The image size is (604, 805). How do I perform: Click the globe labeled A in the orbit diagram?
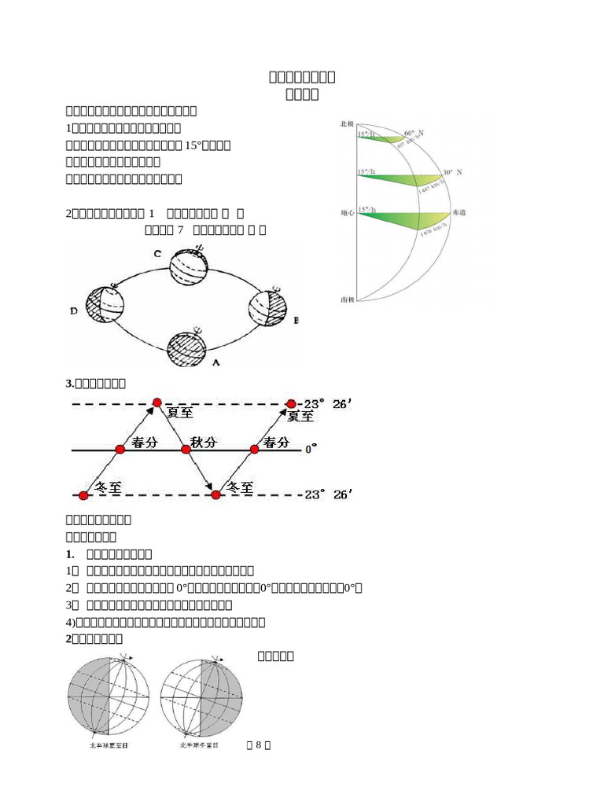tap(186, 346)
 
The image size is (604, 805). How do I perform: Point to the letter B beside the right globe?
tap(296, 321)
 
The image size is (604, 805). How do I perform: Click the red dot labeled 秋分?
tap(186, 449)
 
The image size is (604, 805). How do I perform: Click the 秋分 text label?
tap(204, 443)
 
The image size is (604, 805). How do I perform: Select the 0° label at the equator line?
tap(311, 448)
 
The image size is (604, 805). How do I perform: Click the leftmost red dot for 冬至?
tap(83, 495)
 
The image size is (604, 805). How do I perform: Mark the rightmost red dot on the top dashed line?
tap(292, 402)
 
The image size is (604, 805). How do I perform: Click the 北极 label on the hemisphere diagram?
tap(347, 124)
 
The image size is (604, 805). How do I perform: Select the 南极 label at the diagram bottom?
tap(347, 300)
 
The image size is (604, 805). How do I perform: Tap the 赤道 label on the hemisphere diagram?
tap(458, 213)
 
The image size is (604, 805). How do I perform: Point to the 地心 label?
tap(347, 213)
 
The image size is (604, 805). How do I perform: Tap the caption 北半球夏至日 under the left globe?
tap(109, 744)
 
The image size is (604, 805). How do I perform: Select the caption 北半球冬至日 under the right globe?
tap(201, 744)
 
